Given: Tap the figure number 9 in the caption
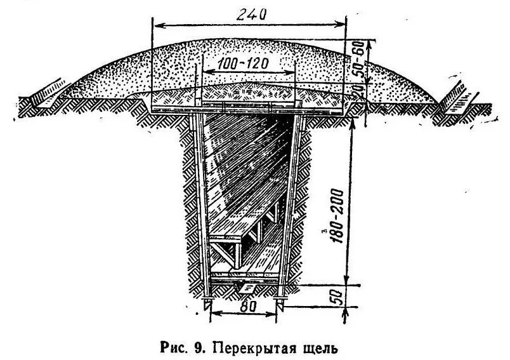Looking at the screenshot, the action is click(x=199, y=347).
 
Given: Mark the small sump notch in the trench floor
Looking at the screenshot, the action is click(x=239, y=287).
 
